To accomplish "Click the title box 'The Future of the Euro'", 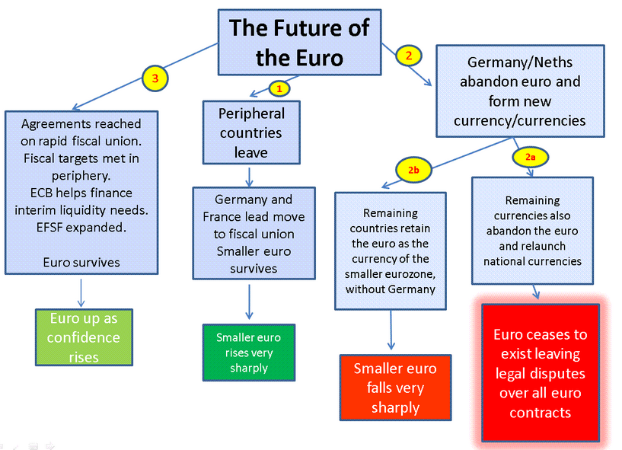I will point(299,43).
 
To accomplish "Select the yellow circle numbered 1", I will point(279,88).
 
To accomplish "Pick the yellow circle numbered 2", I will point(408,55).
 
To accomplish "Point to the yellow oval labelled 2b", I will point(413,170).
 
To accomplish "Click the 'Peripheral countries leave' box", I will point(251,132).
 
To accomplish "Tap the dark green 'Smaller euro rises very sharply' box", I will point(248,352).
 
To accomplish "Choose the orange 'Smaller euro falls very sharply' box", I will point(395,388).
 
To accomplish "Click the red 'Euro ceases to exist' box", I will point(541,373).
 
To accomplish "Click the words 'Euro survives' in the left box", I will point(81,263).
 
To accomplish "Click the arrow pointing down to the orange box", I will point(391,330).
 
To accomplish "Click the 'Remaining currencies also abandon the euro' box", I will point(531,231).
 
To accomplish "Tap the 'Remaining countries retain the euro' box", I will point(391,251).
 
